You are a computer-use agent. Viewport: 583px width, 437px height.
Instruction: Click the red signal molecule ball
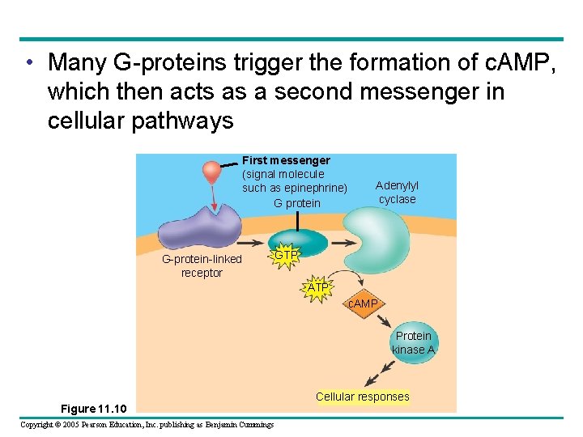tap(212, 171)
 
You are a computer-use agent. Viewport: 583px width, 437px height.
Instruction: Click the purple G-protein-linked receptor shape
tap(194, 225)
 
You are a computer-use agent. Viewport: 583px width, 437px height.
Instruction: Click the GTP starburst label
tap(285, 256)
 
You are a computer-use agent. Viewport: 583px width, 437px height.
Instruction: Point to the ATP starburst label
tap(318, 288)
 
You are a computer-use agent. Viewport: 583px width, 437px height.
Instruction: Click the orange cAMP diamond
tap(362, 303)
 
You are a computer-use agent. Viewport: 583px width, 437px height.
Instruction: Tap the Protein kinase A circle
tap(414, 342)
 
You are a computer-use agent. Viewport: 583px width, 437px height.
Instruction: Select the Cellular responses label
tap(362, 397)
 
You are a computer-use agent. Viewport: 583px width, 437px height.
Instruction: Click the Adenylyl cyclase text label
tap(397, 193)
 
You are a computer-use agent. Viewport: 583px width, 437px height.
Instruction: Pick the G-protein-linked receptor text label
tap(202, 265)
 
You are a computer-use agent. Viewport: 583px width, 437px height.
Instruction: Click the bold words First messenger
tap(286, 160)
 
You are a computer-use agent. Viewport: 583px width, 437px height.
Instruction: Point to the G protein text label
tap(297, 203)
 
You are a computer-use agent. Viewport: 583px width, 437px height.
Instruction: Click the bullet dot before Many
tap(30, 62)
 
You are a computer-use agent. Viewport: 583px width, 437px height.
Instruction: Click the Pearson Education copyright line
tap(147, 425)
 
